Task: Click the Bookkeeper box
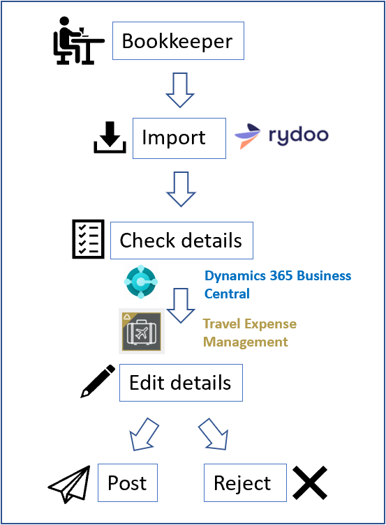click(x=177, y=41)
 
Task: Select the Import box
click(x=174, y=138)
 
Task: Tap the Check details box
click(x=181, y=241)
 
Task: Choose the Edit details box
click(x=181, y=383)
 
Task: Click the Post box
click(x=127, y=483)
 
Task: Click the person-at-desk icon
click(x=77, y=40)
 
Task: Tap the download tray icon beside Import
click(x=110, y=137)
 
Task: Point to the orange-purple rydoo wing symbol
click(x=248, y=136)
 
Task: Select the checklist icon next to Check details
click(x=89, y=239)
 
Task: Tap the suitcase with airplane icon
click(x=142, y=330)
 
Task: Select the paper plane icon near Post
click(x=70, y=483)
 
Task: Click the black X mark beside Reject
click(x=309, y=482)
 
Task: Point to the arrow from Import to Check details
click(x=181, y=189)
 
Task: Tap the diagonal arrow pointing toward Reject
click(x=214, y=434)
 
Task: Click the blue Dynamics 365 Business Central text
click(x=277, y=284)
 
